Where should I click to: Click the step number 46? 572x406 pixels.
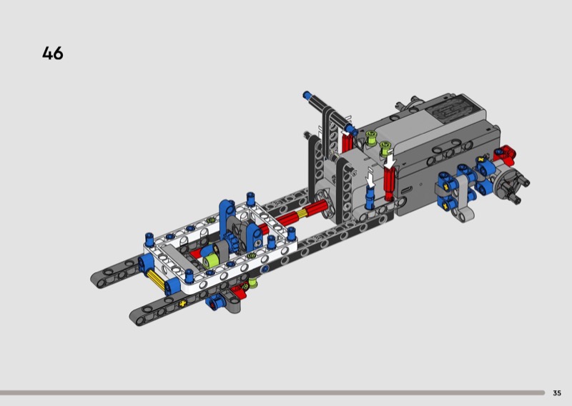pos(52,54)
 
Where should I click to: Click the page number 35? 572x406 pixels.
pos(557,393)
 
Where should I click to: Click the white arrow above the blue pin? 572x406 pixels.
pos(370,179)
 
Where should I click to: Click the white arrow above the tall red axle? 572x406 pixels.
pos(390,161)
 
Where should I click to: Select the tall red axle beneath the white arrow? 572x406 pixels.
pos(389,184)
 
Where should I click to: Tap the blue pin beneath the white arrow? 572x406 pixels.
pos(370,197)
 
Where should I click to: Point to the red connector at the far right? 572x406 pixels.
pos(506,153)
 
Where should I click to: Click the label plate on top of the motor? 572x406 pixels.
pos(452,109)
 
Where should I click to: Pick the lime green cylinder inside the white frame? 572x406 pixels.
pos(210,259)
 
